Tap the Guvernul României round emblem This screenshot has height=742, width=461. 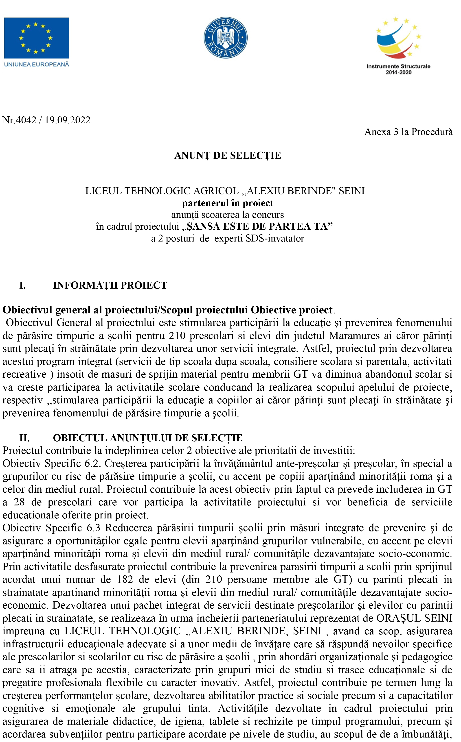click(226, 38)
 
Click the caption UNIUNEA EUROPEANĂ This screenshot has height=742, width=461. click(37, 65)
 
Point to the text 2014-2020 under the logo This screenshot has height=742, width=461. click(398, 72)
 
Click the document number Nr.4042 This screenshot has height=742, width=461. click(19, 120)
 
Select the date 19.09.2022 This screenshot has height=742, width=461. click(68, 120)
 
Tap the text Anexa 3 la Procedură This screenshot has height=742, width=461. click(408, 132)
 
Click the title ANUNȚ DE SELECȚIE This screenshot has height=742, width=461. click(227, 156)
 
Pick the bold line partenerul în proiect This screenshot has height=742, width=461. click(227, 203)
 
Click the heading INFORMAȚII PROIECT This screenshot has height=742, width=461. click(110, 285)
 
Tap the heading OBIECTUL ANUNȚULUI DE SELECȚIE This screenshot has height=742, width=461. click(147, 438)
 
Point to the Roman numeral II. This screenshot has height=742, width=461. click(24, 438)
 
